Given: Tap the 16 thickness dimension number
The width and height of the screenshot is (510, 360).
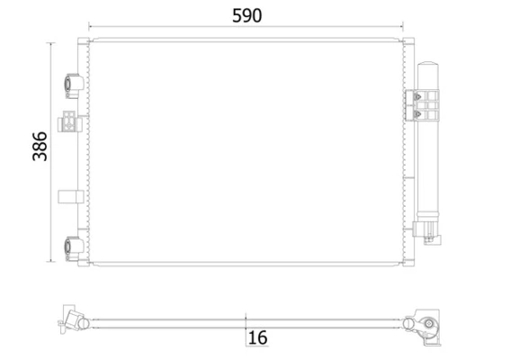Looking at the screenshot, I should pos(257,338).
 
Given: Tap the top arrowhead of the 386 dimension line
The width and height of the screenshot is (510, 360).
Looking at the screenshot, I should pos(51,43).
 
